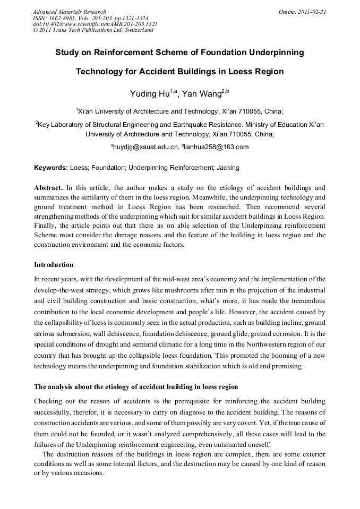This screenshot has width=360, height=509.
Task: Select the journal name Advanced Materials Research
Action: pyautogui.click(x=70, y=11)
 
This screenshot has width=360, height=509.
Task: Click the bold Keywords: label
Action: pyautogui.click(x=51, y=168)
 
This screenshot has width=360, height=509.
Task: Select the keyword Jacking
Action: pyautogui.click(x=228, y=168)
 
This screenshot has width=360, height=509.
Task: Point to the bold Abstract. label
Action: pyautogui.click(x=48, y=188)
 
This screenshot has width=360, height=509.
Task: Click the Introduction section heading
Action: pyautogui.click(x=54, y=264)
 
